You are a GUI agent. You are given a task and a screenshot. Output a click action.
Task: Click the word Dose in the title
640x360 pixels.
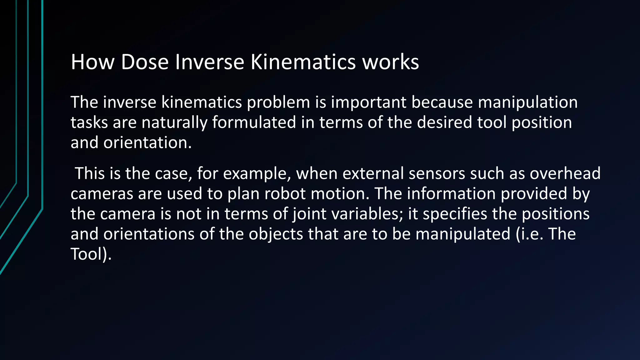pos(145,62)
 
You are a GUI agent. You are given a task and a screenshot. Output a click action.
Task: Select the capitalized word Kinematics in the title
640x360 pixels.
pos(303,62)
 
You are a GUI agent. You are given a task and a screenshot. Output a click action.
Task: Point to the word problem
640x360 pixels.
pos(278,102)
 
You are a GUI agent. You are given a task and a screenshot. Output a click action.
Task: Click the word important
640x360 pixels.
pos(368,102)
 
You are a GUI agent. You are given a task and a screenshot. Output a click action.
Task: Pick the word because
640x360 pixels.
pos(442,102)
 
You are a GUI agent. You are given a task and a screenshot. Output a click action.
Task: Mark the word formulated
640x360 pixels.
pos(254,122)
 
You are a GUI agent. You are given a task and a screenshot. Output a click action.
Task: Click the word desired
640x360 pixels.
pos(444,122)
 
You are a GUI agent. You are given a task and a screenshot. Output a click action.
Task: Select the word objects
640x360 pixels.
pos(276,234)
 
